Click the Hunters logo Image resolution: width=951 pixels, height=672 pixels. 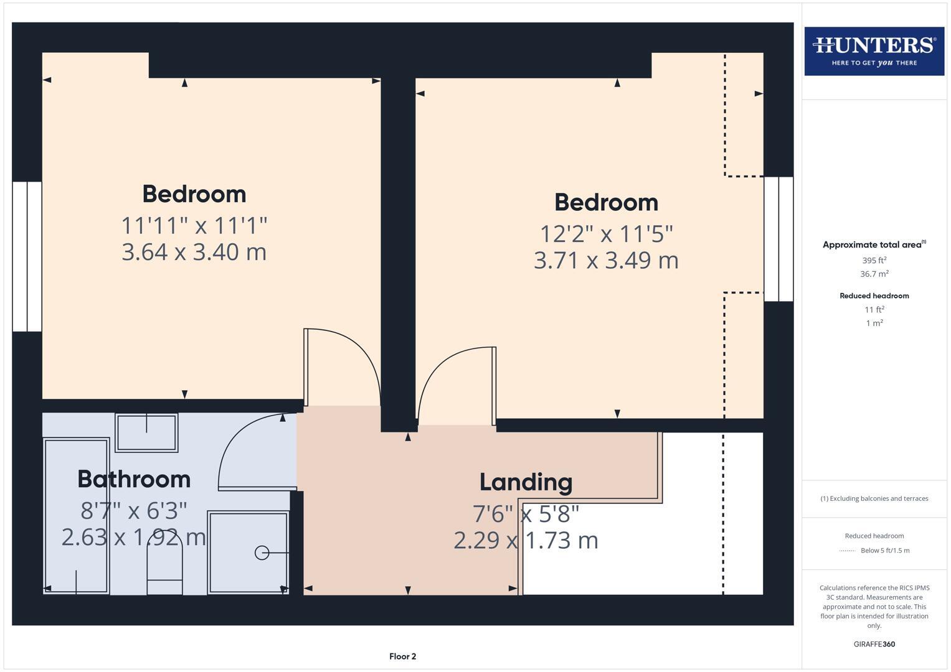[874, 51]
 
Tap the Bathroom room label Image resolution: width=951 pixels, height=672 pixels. [134, 479]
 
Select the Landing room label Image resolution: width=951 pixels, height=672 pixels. [526, 482]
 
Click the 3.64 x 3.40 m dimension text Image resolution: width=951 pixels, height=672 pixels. [194, 252]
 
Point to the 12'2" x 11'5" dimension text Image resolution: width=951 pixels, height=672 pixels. [606, 234]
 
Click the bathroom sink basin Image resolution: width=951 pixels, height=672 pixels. [146, 432]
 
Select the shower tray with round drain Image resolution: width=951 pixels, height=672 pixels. [248, 553]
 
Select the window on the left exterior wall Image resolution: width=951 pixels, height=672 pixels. [27, 256]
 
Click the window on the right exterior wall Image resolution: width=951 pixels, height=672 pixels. [778, 239]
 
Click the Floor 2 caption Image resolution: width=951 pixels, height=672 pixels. [402, 656]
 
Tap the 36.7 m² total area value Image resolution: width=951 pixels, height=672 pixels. [874, 274]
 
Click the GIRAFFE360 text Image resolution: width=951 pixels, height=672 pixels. [874, 644]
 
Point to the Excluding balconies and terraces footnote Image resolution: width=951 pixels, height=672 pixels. [874, 498]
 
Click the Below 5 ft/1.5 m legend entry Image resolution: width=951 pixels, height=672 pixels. [884, 550]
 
